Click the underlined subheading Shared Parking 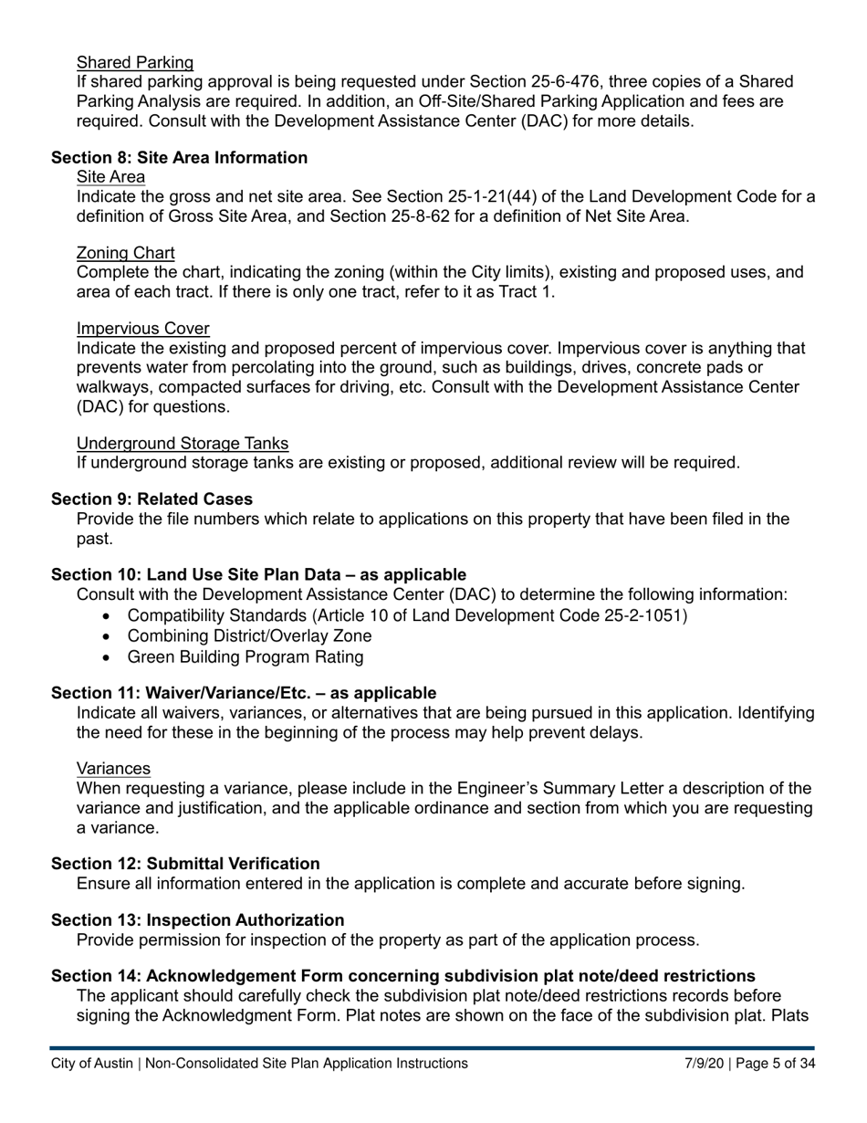[x=135, y=62]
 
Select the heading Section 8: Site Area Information [x=179, y=158]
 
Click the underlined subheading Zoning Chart [x=126, y=253]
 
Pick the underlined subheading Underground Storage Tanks [x=183, y=444]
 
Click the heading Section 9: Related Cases [x=151, y=499]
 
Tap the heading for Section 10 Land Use [x=258, y=575]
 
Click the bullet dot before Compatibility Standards [x=109, y=616]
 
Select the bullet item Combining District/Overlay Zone [x=249, y=636]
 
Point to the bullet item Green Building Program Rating [x=245, y=657]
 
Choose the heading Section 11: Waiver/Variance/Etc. [x=244, y=693]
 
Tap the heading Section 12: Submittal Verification [x=185, y=864]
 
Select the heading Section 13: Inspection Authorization [x=197, y=920]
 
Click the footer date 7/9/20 [x=704, y=1064]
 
